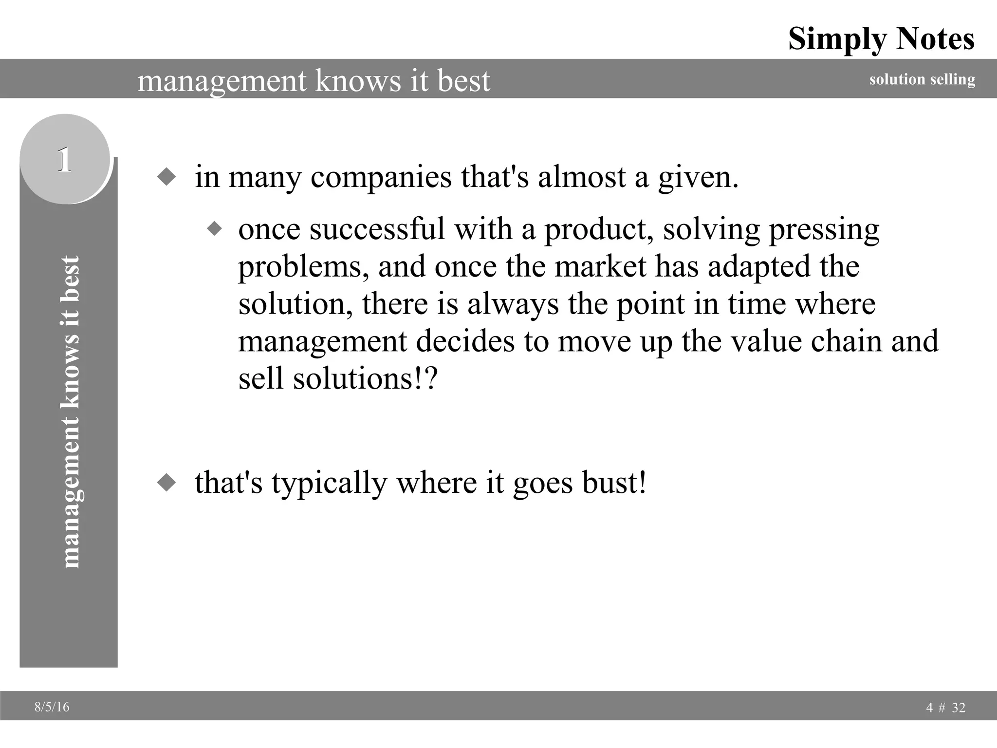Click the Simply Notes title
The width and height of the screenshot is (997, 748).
point(881,39)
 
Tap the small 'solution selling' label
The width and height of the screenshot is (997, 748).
point(922,79)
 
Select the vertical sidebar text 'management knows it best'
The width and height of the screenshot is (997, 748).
point(70,411)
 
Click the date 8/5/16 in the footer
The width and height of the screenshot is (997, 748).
point(52,707)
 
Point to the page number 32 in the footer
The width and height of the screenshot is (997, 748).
point(958,708)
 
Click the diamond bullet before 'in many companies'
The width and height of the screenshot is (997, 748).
point(166,177)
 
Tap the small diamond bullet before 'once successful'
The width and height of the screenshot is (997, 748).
point(214,228)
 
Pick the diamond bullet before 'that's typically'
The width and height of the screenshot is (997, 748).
point(166,483)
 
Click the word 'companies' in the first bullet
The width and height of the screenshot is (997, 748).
point(381,177)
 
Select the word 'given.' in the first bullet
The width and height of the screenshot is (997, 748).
point(699,177)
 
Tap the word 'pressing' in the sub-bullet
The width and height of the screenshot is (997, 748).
point(824,229)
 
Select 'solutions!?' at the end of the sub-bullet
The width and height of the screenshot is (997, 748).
point(366,379)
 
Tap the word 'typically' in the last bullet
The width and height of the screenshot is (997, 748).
point(329,483)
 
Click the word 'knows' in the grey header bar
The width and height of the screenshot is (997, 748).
point(358,80)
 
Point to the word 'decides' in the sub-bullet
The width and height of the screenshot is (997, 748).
point(465,341)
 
